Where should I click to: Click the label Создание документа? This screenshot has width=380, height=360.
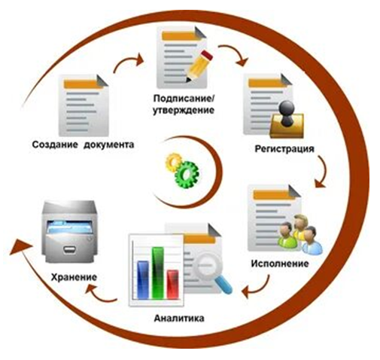tap(83, 145)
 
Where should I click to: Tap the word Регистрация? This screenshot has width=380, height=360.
tap(284, 149)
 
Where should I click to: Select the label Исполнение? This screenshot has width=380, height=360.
tap(280, 264)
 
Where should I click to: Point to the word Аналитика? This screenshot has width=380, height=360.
tap(179, 318)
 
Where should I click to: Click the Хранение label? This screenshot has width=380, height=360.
tap(74, 277)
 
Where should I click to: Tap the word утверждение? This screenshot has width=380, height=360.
tap(184, 111)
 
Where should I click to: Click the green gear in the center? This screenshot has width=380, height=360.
tap(187, 175)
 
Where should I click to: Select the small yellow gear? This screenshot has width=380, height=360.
tap(173, 163)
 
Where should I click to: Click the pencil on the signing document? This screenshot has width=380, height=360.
tap(199, 66)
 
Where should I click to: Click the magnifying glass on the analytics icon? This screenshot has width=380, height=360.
tap(213, 273)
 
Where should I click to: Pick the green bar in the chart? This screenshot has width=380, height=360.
tap(158, 273)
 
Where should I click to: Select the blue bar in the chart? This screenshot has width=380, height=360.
tap(143, 279)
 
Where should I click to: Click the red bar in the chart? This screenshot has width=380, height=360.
tap(173, 284)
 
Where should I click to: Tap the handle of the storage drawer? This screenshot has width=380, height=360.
tap(70, 249)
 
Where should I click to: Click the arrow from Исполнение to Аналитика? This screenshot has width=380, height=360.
tap(257, 288)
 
